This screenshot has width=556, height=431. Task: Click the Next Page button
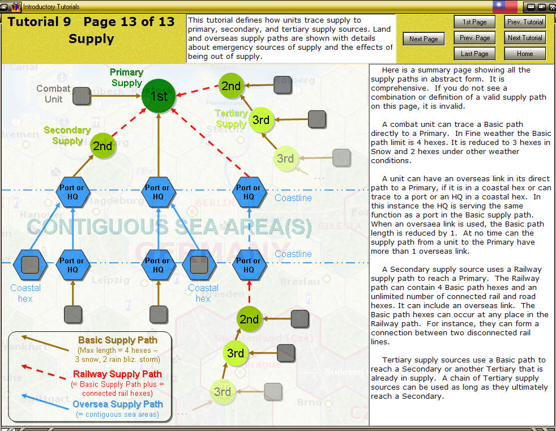[424, 39]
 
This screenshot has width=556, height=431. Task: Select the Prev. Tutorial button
[525, 22]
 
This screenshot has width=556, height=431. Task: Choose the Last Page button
[474, 54]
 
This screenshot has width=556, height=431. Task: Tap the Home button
[525, 54]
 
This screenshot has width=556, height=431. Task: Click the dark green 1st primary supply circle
[159, 96]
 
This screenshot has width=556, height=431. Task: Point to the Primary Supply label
[126, 78]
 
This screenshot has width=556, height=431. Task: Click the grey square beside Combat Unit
[82, 96]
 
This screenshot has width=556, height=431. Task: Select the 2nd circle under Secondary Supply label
[102, 146]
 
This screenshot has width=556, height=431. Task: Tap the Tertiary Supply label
[231, 118]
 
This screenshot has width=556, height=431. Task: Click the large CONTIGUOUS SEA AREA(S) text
[169, 227]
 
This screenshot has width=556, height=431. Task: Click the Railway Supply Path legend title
[117, 374]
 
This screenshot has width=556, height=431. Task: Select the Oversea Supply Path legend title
[117, 404]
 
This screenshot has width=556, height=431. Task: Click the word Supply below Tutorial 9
[91, 39]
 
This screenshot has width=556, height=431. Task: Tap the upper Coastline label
[293, 198]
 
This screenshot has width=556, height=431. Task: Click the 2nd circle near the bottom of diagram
[249, 319]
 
